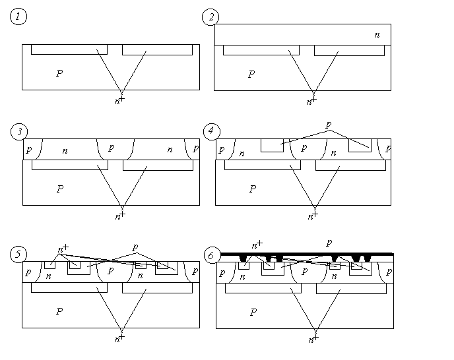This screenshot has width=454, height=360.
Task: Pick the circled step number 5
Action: click(x=18, y=255)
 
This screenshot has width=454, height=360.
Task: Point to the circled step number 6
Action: click(x=211, y=255)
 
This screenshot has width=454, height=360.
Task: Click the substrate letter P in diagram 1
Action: click(x=59, y=74)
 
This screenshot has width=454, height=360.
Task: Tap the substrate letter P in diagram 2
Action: click(x=251, y=74)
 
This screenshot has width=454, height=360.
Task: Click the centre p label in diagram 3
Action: click(x=111, y=148)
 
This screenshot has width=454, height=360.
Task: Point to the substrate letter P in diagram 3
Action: click(x=59, y=189)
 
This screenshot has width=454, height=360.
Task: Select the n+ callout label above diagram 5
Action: click(x=62, y=250)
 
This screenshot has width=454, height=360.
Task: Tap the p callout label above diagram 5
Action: click(x=135, y=247)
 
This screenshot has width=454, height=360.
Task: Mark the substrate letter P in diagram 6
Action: click(x=252, y=312)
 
